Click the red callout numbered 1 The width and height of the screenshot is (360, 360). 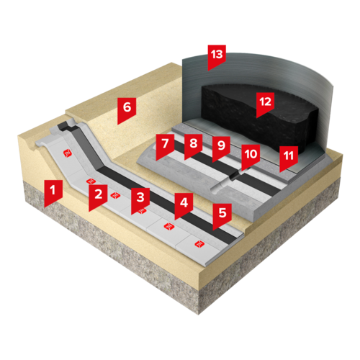(53, 192)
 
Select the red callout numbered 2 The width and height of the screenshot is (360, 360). (98, 197)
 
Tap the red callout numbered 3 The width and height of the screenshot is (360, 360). (140, 199)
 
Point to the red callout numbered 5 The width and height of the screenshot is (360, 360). (222, 215)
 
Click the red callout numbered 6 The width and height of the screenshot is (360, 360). (127, 109)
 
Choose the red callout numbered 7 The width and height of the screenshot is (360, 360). (165, 146)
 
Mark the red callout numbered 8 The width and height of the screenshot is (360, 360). (194, 145)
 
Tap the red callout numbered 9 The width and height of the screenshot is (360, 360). (222, 148)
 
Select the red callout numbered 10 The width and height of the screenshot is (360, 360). (251, 156)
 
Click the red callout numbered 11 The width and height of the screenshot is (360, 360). (289, 158)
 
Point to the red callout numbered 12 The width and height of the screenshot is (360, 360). (265, 104)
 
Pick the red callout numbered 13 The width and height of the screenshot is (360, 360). (217, 57)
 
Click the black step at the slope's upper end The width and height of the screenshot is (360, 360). (64, 125)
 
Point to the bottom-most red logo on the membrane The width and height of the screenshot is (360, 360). (199, 244)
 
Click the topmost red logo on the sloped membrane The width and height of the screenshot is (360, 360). (68, 153)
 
